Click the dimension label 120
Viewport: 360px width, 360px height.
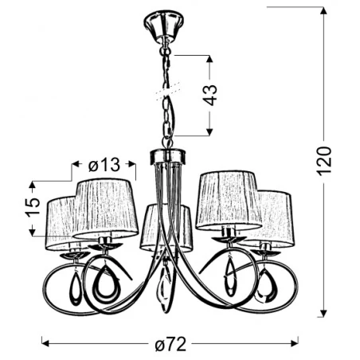tap(335, 165)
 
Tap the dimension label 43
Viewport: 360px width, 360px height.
tap(209, 95)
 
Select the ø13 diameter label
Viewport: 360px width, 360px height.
tap(104, 165)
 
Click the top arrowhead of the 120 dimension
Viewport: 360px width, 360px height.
tap(325, 11)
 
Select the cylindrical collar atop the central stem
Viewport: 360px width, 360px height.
tap(166, 155)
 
